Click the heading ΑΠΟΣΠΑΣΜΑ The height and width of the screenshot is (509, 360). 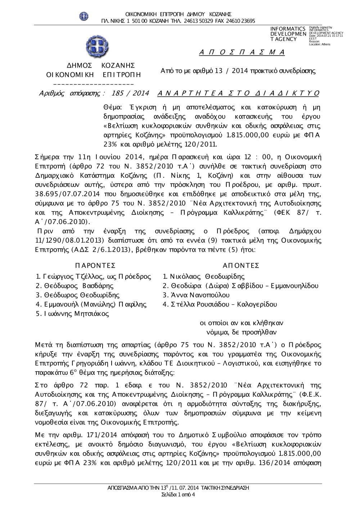pos(242,53)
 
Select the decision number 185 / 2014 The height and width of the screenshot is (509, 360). pos(130,94)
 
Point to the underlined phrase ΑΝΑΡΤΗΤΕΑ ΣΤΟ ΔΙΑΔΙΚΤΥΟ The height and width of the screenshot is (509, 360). pos(238,94)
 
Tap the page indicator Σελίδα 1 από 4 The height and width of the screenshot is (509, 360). pos(178,494)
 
